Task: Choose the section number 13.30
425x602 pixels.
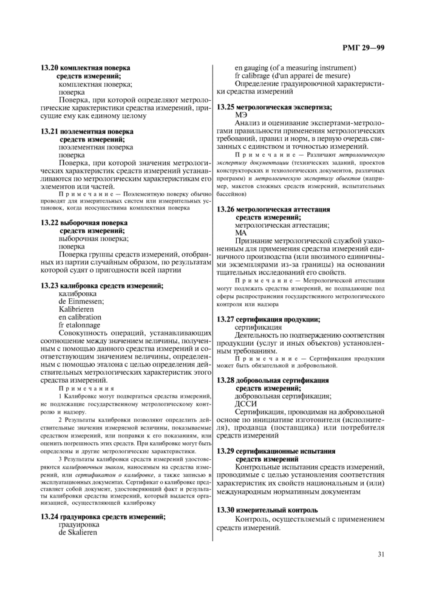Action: (226, 510)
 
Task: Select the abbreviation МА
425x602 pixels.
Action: (241, 233)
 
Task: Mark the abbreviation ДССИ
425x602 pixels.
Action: (246, 403)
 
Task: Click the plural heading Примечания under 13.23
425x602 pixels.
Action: (86, 388)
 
